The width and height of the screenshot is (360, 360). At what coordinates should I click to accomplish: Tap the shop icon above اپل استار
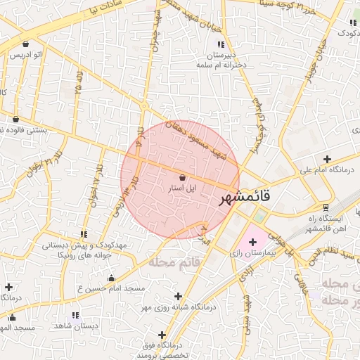(x=183, y=178)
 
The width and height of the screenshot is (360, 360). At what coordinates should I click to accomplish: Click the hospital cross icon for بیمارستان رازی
(x=252, y=242)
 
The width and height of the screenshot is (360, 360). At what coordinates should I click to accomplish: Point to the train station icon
(x=326, y=207)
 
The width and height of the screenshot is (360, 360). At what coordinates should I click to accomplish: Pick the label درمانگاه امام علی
(x=326, y=169)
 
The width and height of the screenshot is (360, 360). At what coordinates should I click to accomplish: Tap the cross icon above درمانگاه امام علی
(x=327, y=159)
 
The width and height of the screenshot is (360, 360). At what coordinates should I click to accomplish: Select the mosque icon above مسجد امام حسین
(x=111, y=278)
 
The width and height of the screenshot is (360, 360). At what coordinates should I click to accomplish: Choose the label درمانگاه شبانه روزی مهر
(x=177, y=307)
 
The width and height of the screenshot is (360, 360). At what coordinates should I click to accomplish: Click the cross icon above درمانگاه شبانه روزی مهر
(x=178, y=296)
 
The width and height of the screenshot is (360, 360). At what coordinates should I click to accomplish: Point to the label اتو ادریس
(x=25, y=54)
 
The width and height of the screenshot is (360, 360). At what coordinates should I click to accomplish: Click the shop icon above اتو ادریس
(x=25, y=44)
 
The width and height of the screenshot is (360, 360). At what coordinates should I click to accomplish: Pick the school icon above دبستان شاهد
(x=75, y=316)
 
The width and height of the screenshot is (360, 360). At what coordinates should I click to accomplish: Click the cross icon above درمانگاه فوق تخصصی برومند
(x=162, y=335)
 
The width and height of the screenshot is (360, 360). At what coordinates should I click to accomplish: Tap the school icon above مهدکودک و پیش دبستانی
(x=84, y=233)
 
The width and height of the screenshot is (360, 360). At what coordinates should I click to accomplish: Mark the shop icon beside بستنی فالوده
(x=15, y=119)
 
